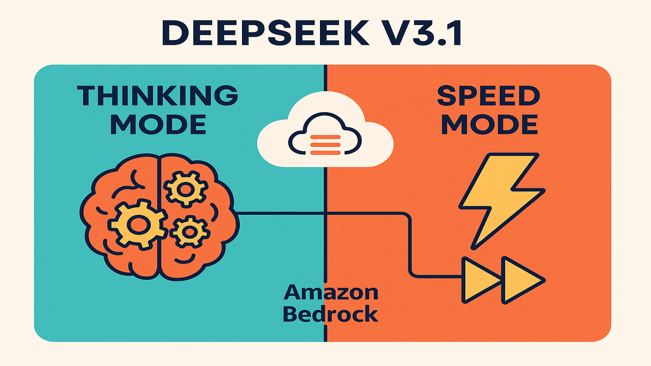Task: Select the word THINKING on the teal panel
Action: pyautogui.click(x=158, y=96)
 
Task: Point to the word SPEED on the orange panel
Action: pyautogui.click(x=488, y=96)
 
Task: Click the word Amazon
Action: pyautogui.click(x=331, y=293)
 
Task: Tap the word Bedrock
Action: pyautogui.click(x=331, y=314)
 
